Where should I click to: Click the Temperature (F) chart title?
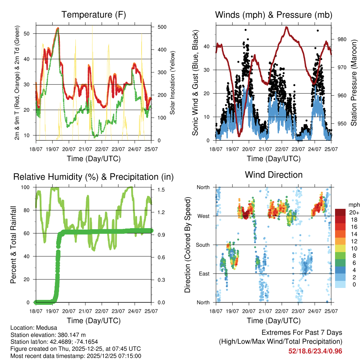[x=94, y=15]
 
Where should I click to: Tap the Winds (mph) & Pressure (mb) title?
[x=274, y=15]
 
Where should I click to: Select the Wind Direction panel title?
[x=274, y=175]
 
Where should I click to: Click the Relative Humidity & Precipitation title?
[x=94, y=177]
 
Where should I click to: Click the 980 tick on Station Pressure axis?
[x=342, y=39]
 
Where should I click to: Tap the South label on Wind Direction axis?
[x=202, y=245]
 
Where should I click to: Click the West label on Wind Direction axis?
[x=203, y=216]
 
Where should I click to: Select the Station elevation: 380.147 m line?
[x=48, y=335]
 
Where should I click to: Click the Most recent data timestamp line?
[x=76, y=356]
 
